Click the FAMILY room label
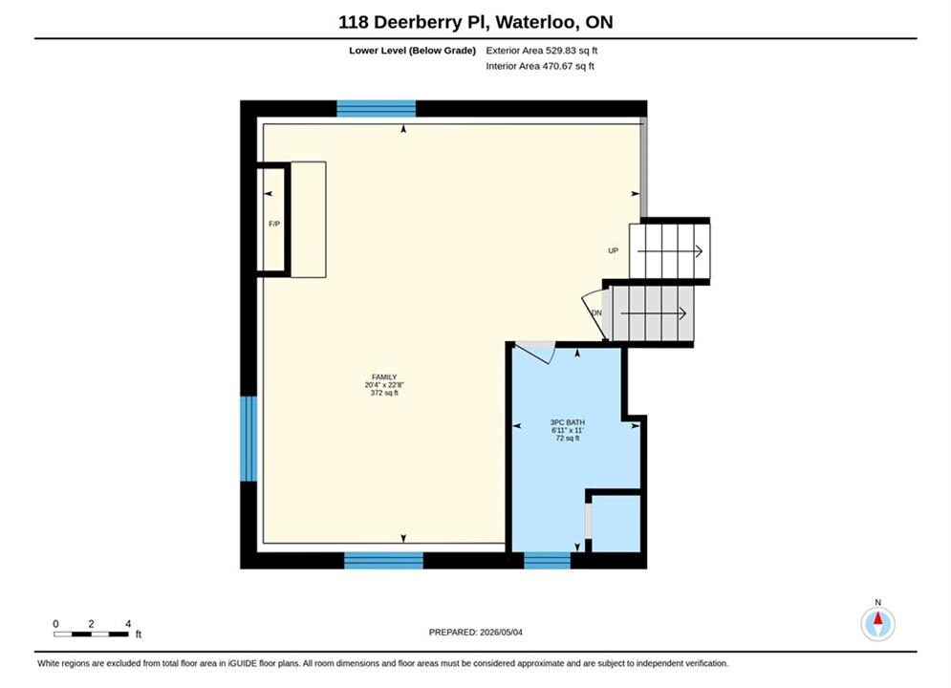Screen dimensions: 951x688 coord(384,377)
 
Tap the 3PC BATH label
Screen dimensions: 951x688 coord(567,422)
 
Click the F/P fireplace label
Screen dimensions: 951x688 coord(274,225)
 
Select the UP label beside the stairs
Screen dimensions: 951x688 coord(614,250)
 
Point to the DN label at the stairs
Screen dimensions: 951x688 coord(596,312)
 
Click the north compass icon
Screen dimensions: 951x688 coord(877,623)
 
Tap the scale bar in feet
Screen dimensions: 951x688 coord(91,634)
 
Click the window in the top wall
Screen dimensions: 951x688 coord(376,109)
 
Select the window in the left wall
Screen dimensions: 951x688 coord(249,439)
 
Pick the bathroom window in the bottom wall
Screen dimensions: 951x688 coord(547,561)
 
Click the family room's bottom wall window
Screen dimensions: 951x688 coord(383,561)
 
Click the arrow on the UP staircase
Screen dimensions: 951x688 coord(670,251)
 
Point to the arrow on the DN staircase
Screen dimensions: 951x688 coord(653,313)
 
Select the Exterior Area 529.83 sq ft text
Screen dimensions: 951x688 coord(542,51)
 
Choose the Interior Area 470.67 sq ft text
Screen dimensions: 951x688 coord(540,66)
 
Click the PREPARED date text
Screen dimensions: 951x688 coord(476,633)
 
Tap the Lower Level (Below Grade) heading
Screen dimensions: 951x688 coord(413,51)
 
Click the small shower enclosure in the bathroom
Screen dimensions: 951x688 coord(616,524)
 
